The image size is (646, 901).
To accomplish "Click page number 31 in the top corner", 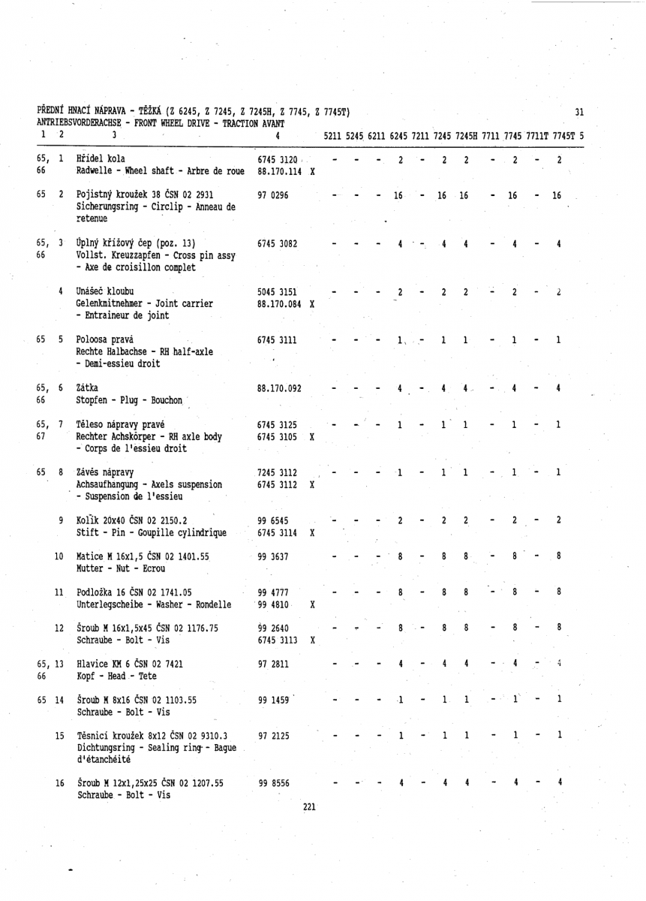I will click(x=578, y=113).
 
